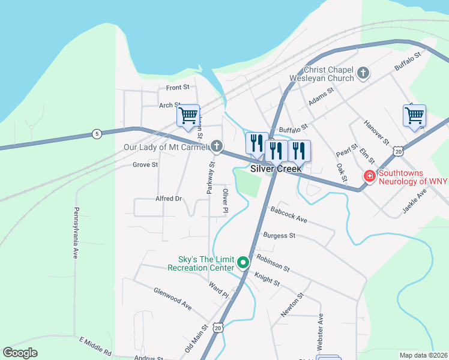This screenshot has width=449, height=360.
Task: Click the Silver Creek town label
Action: click(276, 169)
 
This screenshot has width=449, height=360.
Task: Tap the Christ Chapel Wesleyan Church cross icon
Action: click(363, 74)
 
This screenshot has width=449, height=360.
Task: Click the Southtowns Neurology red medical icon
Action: click(369, 176)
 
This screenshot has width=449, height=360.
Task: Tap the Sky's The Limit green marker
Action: click(243, 263)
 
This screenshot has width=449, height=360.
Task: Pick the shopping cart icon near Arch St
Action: click(188, 115)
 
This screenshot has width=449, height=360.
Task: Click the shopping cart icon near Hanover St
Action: click(415, 114)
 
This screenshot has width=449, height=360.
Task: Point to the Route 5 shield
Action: click(97, 134)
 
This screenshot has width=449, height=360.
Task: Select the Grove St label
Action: click(145, 164)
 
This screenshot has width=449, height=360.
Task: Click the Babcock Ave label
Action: click(289, 215)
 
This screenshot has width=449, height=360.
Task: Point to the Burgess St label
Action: click(279, 236)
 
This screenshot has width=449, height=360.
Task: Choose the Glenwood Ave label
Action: click(172, 298)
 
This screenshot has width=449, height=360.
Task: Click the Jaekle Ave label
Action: click(414, 202)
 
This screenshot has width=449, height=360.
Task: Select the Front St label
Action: click(178, 88)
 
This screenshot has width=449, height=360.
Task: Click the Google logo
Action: click(20, 353)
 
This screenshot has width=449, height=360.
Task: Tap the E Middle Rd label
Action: click(95, 345)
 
